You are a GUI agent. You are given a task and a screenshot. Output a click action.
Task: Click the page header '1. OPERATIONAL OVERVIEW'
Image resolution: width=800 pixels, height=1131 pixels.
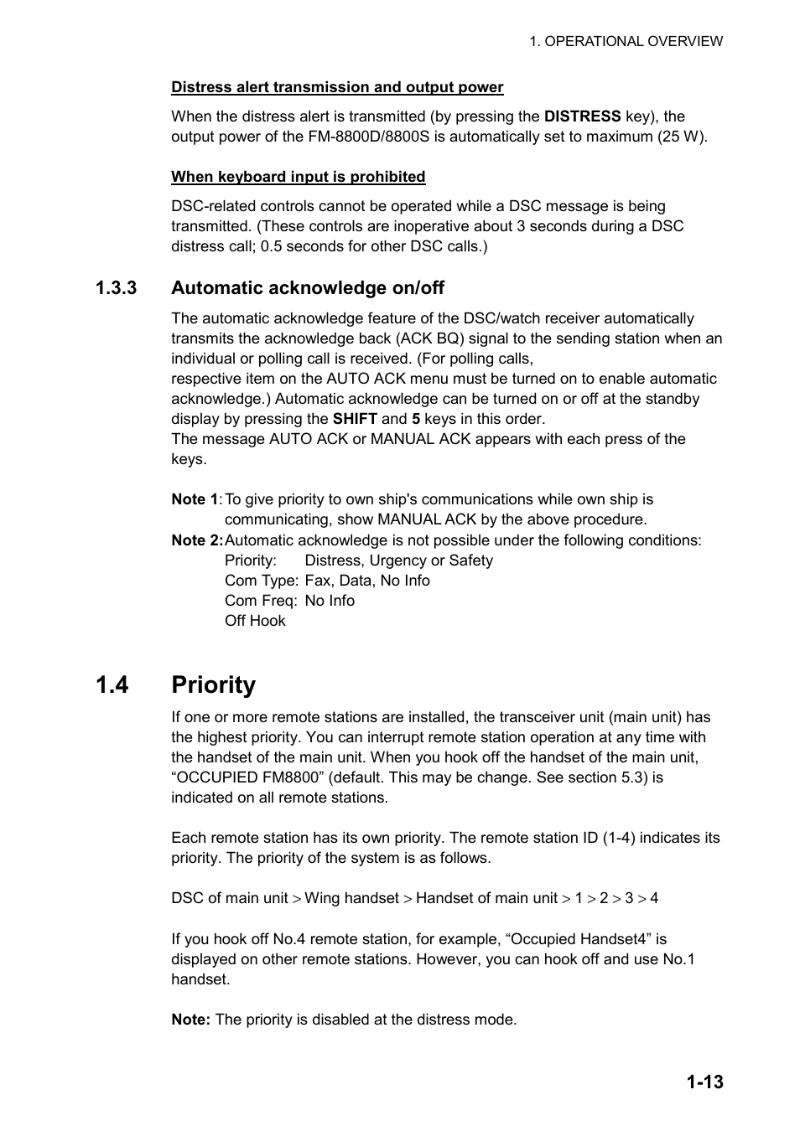point(626,41)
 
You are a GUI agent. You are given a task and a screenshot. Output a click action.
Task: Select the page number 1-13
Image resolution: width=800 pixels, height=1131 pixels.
point(704,1082)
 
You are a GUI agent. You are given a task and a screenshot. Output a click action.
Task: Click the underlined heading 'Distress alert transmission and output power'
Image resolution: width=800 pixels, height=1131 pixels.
point(337,87)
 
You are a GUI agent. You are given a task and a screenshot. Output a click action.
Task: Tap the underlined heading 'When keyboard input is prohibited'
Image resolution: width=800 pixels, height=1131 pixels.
point(298,177)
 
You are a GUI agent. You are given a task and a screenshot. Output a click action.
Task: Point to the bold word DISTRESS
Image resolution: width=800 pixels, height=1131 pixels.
point(582,116)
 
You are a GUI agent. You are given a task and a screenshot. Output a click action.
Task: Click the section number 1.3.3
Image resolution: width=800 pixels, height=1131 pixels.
point(116,288)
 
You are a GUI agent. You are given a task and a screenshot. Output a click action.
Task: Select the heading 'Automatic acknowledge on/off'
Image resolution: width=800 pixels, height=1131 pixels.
point(308,288)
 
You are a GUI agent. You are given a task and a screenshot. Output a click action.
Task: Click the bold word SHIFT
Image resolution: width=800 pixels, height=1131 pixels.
point(355,419)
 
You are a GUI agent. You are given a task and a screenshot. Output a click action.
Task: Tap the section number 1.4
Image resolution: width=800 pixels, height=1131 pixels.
point(112,685)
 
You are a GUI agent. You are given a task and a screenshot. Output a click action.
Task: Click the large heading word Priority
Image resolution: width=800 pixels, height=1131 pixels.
point(213,685)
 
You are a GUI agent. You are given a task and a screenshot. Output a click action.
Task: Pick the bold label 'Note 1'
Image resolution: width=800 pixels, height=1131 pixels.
point(195,499)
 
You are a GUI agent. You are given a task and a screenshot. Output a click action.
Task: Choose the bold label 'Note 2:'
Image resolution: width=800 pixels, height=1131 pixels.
point(197,540)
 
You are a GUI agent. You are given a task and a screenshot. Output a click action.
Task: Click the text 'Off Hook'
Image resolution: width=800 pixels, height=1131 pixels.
point(255,621)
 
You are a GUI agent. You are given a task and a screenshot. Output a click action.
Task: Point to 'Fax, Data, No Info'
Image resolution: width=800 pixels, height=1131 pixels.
point(366,581)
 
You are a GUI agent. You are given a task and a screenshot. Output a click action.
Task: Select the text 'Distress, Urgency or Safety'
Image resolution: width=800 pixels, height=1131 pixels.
point(398,560)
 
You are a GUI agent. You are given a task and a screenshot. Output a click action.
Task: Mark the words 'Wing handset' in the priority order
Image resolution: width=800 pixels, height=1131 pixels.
point(351,898)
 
